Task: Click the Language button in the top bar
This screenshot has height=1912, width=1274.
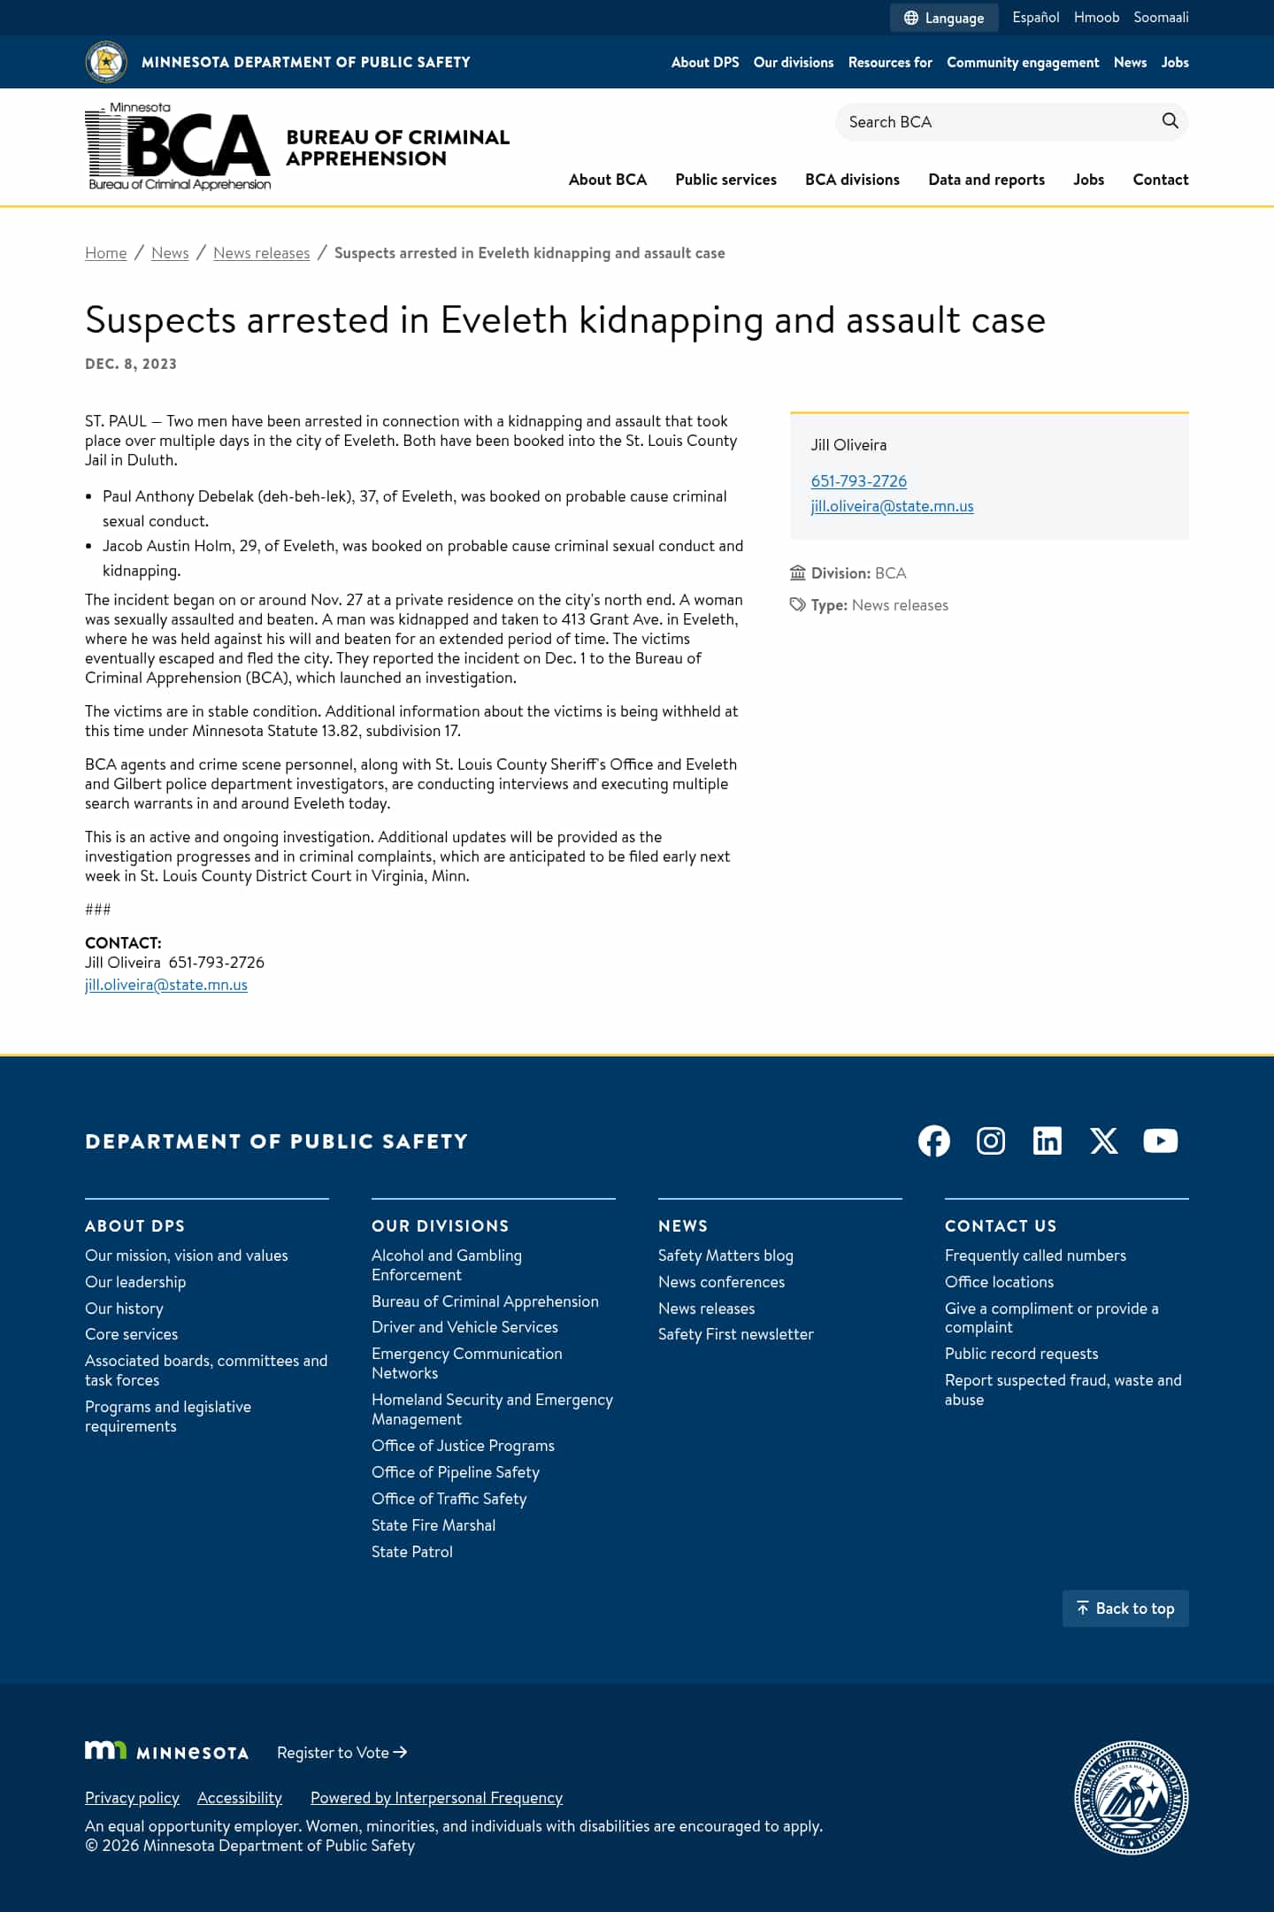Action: (944, 18)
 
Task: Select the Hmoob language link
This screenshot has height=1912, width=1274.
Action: (1096, 18)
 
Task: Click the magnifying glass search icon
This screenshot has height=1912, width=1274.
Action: (1170, 121)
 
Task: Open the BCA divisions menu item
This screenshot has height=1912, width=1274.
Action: (852, 180)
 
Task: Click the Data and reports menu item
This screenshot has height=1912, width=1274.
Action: (986, 180)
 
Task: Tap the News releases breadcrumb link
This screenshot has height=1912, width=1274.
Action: (261, 253)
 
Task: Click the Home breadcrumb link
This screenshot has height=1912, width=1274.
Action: (105, 253)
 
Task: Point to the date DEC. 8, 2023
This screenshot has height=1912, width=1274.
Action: (131, 364)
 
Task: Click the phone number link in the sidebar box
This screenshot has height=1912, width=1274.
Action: (858, 481)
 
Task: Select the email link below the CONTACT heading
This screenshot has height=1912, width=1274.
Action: (166, 985)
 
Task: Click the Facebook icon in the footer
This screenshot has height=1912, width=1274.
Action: (934, 1141)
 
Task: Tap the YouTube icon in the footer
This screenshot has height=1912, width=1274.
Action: (1160, 1141)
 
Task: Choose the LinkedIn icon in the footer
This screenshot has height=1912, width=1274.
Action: (1048, 1141)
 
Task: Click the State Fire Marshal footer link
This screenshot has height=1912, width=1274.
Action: (434, 1525)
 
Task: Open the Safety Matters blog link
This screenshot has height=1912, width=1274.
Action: (725, 1255)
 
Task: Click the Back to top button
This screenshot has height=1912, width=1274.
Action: (1125, 1609)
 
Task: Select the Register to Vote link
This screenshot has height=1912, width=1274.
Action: (342, 1753)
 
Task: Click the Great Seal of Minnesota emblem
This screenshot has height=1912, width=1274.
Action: (1131, 1798)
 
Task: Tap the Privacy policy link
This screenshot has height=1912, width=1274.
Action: (132, 1798)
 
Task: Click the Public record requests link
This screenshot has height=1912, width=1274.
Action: (1021, 1354)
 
